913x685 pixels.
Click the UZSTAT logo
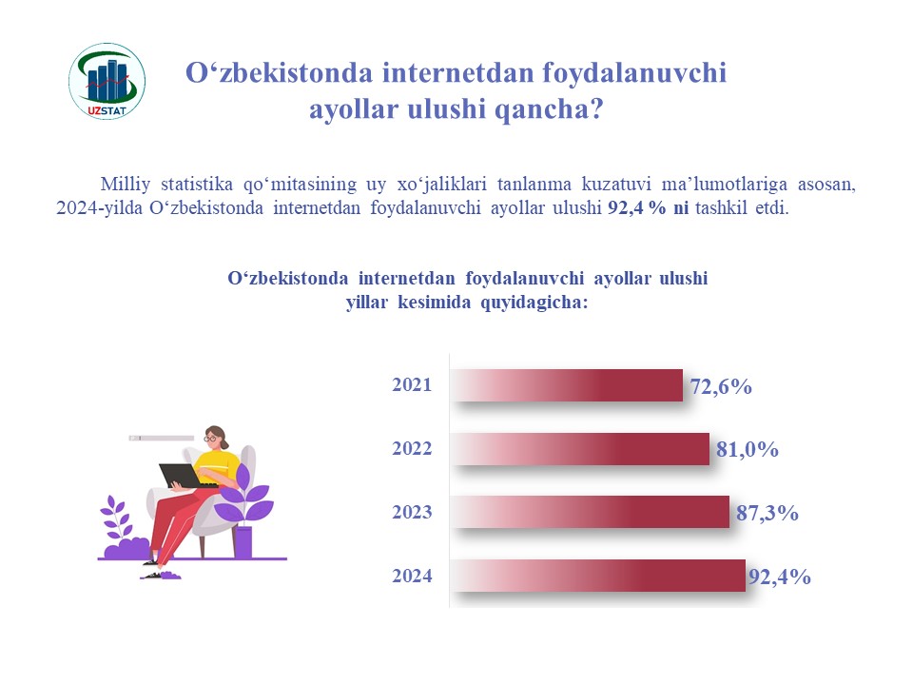click(107, 81)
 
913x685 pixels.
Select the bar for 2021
click(567, 385)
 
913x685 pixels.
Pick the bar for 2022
click(580, 448)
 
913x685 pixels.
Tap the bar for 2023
click(591, 512)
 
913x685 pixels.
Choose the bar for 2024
click(598, 576)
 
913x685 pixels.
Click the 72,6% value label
click(721, 386)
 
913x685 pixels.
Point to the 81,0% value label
click(748, 449)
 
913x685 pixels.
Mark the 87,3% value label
click(767, 513)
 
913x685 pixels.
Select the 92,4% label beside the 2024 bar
click(780, 577)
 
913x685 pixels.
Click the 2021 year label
click(412, 384)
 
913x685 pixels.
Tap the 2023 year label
click(412, 512)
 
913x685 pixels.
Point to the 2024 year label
click(412, 576)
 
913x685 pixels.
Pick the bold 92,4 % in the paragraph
click(636, 208)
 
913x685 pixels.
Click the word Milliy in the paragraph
click(126, 184)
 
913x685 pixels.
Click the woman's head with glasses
click(216, 437)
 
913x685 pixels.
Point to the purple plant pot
click(243, 541)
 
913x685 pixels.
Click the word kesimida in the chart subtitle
click(434, 303)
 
